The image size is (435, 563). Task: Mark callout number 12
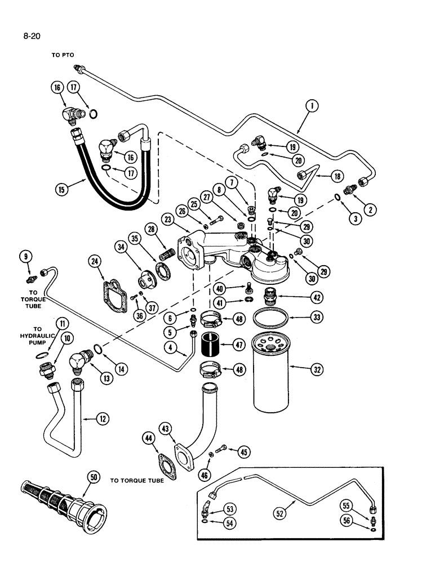pos(101,419)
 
